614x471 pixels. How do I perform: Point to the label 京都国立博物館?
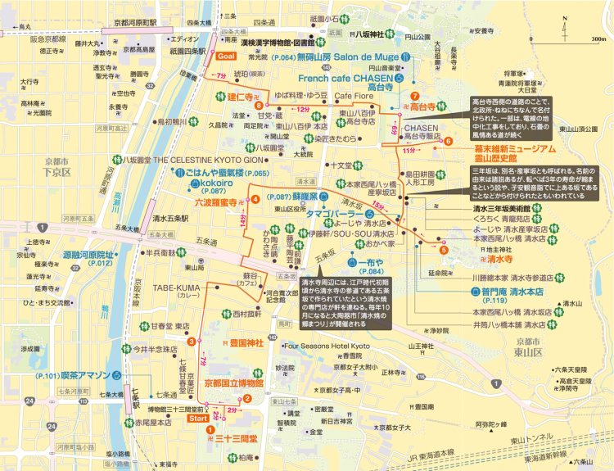click(233, 383)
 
